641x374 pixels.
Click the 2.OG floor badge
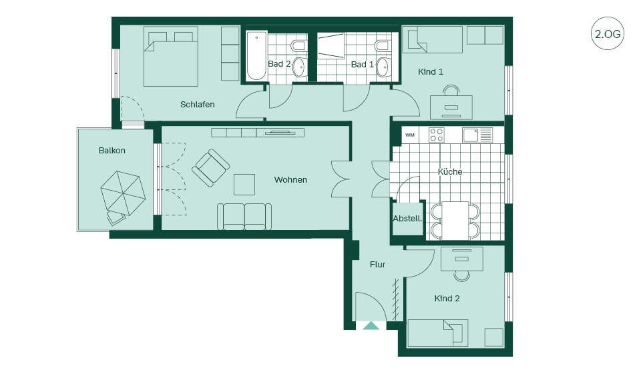(608, 33)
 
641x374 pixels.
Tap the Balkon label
(112, 150)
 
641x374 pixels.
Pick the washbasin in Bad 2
(300, 67)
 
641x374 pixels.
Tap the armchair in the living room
(210, 167)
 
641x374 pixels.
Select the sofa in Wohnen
(244, 217)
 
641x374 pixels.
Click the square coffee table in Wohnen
(244, 185)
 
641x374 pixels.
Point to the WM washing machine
(410, 135)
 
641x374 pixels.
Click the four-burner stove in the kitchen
(436, 135)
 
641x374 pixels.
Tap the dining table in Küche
(455, 221)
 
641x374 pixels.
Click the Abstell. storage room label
(407, 219)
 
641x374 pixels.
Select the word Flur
(378, 265)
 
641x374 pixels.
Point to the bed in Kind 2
(438, 333)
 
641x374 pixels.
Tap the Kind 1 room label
(431, 72)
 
